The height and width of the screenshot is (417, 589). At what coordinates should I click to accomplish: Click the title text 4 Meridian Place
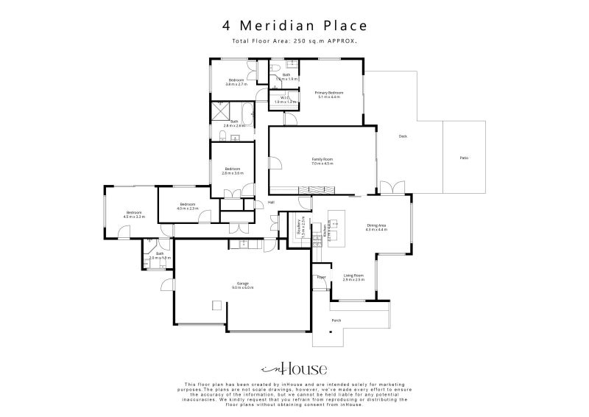[294, 26]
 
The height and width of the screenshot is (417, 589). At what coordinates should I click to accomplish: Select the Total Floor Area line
[294, 41]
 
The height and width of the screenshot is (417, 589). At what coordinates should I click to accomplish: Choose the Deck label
[403, 136]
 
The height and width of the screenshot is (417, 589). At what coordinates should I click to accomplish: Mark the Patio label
[464, 158]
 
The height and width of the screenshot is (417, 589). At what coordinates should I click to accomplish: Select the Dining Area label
[376, 228]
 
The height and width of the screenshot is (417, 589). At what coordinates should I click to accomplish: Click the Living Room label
[353, 277]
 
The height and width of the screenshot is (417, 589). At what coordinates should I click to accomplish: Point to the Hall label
[271, 202]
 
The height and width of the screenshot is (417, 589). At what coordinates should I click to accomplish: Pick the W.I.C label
[284, 99]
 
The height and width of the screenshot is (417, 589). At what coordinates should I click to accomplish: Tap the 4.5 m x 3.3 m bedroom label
[133, 214]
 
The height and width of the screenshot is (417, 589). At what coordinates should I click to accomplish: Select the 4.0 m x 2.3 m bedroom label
[187, 206]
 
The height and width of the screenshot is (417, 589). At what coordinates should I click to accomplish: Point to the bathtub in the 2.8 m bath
[247, 113]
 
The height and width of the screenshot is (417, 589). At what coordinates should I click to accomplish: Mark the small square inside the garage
[216, 305]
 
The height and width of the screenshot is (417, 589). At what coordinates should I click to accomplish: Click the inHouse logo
[294, 369]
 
